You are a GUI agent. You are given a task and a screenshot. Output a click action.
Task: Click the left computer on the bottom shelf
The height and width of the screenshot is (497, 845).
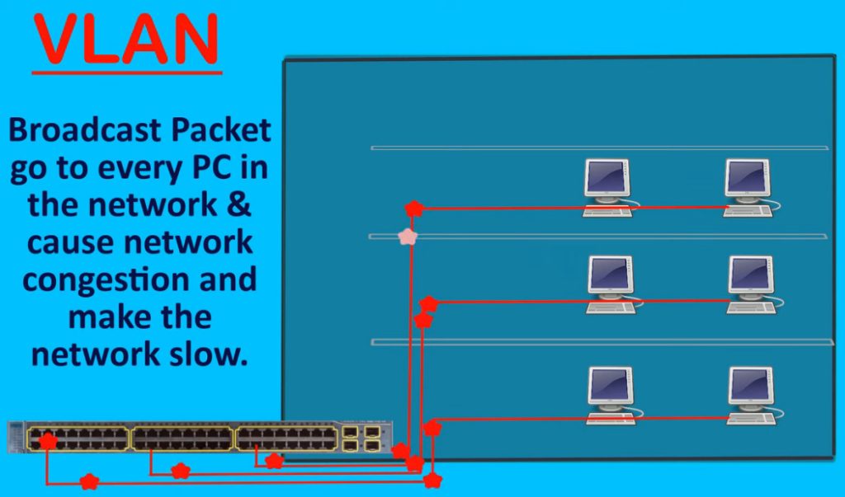tap(611, 395)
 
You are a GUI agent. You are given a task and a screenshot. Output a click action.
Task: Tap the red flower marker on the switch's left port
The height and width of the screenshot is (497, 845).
tap(48, 441)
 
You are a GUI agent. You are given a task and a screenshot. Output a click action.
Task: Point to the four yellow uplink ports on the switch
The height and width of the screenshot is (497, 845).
tap(361, 438)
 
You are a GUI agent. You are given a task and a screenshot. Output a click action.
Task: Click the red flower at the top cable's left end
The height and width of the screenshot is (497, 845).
tap(414, 209)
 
